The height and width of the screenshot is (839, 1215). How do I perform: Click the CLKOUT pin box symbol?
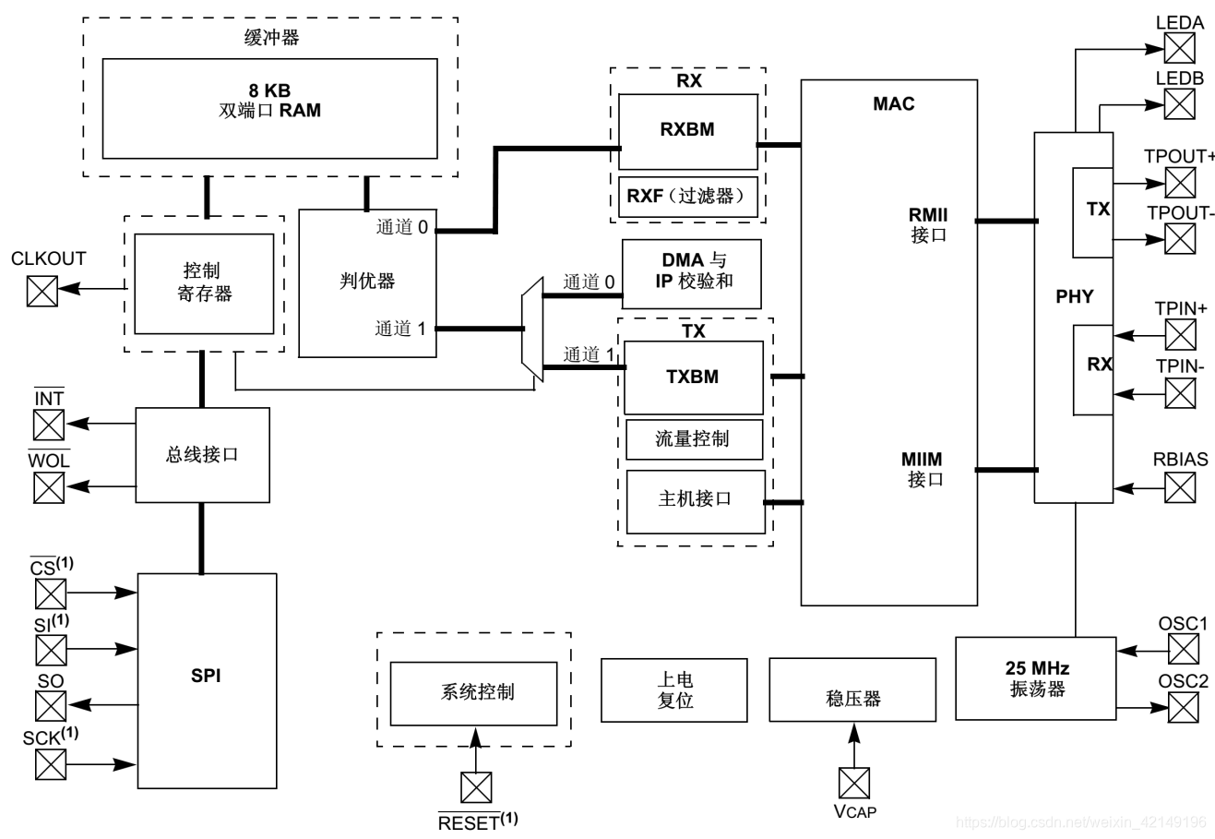click(x=42, y=290)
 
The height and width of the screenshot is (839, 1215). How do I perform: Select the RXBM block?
click(x=687, y=130)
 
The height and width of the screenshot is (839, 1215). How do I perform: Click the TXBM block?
click(x=693, y=378)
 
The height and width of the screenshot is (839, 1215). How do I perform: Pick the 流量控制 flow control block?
click(x=694, y=439)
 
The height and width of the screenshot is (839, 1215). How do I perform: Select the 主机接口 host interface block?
click(x=695, y=500)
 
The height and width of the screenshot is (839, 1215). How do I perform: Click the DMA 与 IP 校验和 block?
click(x=692, y=273)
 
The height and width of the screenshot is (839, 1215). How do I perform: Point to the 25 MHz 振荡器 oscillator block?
click(x=1035, y=678)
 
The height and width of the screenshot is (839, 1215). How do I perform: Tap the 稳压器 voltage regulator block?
click(x=852, y=690)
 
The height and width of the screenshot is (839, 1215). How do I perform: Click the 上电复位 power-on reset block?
click(x=673, y=689)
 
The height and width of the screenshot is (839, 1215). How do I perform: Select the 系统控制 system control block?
click(x=473, y=693)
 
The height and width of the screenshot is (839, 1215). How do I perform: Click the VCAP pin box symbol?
click(x=853, y=783)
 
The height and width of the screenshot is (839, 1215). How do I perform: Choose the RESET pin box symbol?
click(x=476, y=787)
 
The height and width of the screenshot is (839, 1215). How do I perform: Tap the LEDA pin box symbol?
click(x=1179, y=47)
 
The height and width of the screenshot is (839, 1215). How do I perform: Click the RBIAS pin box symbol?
click(x=1180, y=486)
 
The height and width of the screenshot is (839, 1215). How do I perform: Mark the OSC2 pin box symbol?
click(x=1184, y=707)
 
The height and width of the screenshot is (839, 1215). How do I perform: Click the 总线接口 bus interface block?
click(x=203, y=455)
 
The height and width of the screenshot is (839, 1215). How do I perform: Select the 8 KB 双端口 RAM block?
click(x=269, y=109)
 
